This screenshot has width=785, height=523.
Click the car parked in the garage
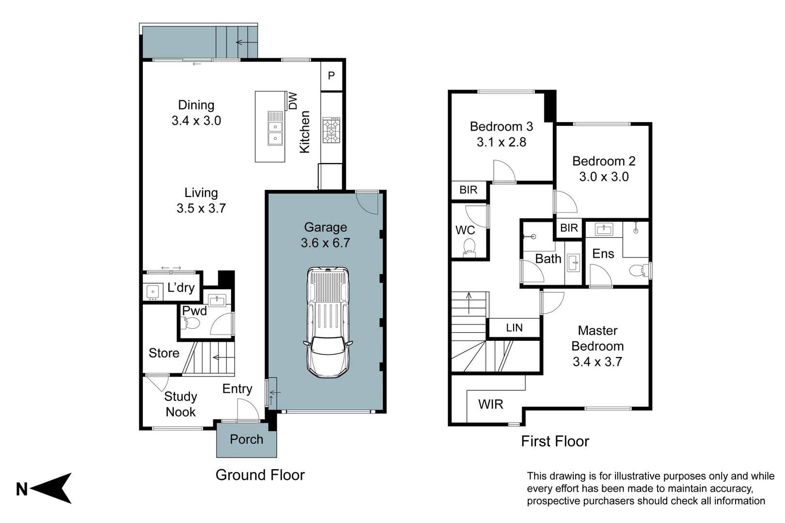[328, 322]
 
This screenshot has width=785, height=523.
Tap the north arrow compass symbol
[51, 488]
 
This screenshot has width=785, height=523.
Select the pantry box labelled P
[331, 76]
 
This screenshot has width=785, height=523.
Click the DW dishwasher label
[293, 101]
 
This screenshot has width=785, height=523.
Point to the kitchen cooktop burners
[331, 130]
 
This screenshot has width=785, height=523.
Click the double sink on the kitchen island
[275, 133]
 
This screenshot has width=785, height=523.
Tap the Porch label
[246, 439]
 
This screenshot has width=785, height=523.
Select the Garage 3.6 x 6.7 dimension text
[325, 243]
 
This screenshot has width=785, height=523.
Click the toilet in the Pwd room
[191, 323]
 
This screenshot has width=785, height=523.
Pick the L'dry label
[181, 288]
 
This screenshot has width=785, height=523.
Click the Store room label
[164, 353]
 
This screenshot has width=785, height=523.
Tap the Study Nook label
[181, 404]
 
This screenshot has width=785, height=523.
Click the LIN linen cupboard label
[514, 328]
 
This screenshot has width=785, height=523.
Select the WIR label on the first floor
[490, 404]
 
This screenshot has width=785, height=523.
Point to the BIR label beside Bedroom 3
[468, 190]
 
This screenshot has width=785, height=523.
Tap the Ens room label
[603, 254]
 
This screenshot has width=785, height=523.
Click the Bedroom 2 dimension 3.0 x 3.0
[604, 177]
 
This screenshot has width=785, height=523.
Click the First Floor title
[555, 441]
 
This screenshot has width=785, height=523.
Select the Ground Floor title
[260, 475]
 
